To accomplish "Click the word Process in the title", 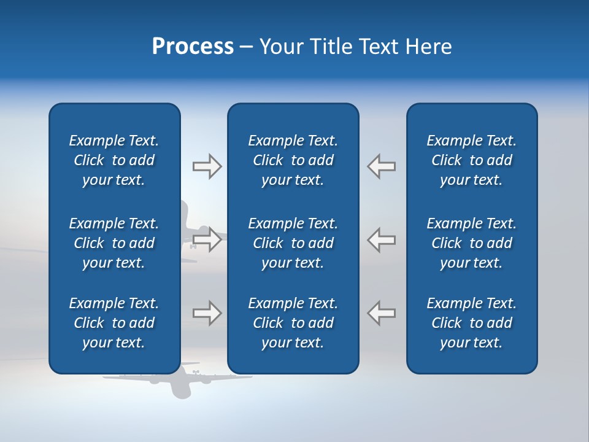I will pyautogui.click(x=193, y=47).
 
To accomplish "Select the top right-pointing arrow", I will pyautogui.click(x=207, y=166).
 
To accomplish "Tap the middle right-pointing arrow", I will pyautogui.click(x=207, y=240).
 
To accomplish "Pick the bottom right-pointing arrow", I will pyautogui.click(x=207, y=313).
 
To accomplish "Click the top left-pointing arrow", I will pyautogui.click(x=381, y=166).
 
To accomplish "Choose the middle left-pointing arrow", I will pyautogui.click(x=381, y=240).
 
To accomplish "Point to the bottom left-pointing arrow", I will pyautogui.click(x=381, y=313).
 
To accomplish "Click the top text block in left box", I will pyautogui.click(x=114, y=160).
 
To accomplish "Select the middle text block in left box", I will pyautogui.click(x=114, y=243).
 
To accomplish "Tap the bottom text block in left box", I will pyautogui.click(x=114, y=323).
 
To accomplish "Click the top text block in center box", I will pyautogui.click(x=293, y=160).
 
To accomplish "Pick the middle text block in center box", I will pyautogui.click(x=293, y=243).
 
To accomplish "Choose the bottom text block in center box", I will pyautogui.click(x=293, y=323).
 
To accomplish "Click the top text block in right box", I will pyautogui.click(x=471, y=160).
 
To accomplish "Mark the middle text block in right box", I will pyautogui.click(x=471, y=243).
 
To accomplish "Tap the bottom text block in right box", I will pyautogui.click(x=471, y=323).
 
